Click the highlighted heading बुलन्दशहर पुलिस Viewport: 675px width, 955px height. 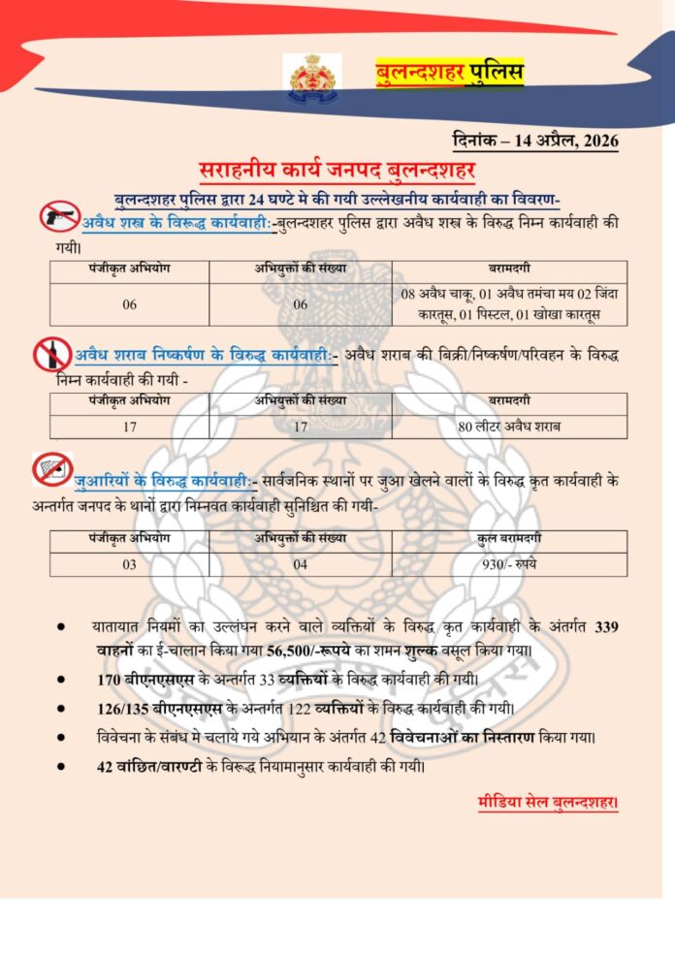(x=449, y=72)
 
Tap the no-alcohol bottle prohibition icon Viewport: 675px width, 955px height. (x=52, y=354)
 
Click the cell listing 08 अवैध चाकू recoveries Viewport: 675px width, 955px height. (x=509, y=303)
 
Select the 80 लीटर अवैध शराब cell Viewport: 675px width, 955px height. (x=509, y=427)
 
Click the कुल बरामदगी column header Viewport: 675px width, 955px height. (x=509, y=541)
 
